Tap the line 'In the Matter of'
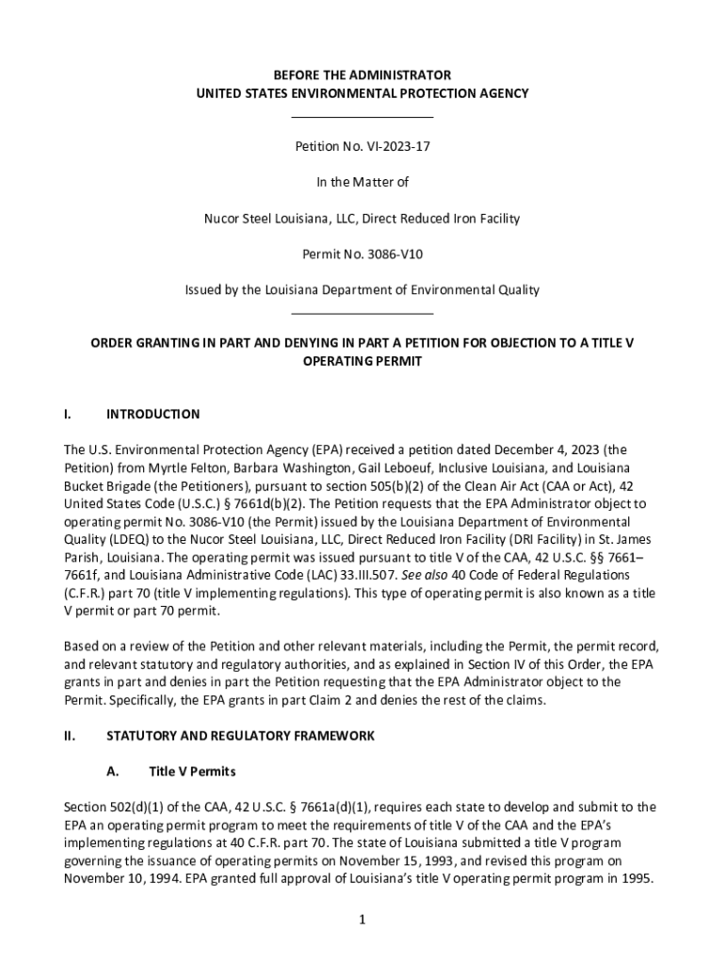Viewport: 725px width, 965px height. (362, 183)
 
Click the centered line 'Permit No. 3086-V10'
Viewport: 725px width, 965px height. (362, 254)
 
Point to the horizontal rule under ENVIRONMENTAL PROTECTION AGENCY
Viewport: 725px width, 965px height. (362, 117)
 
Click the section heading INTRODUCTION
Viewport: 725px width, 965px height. (153, 415)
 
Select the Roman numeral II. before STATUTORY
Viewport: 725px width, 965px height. (70, 736)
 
